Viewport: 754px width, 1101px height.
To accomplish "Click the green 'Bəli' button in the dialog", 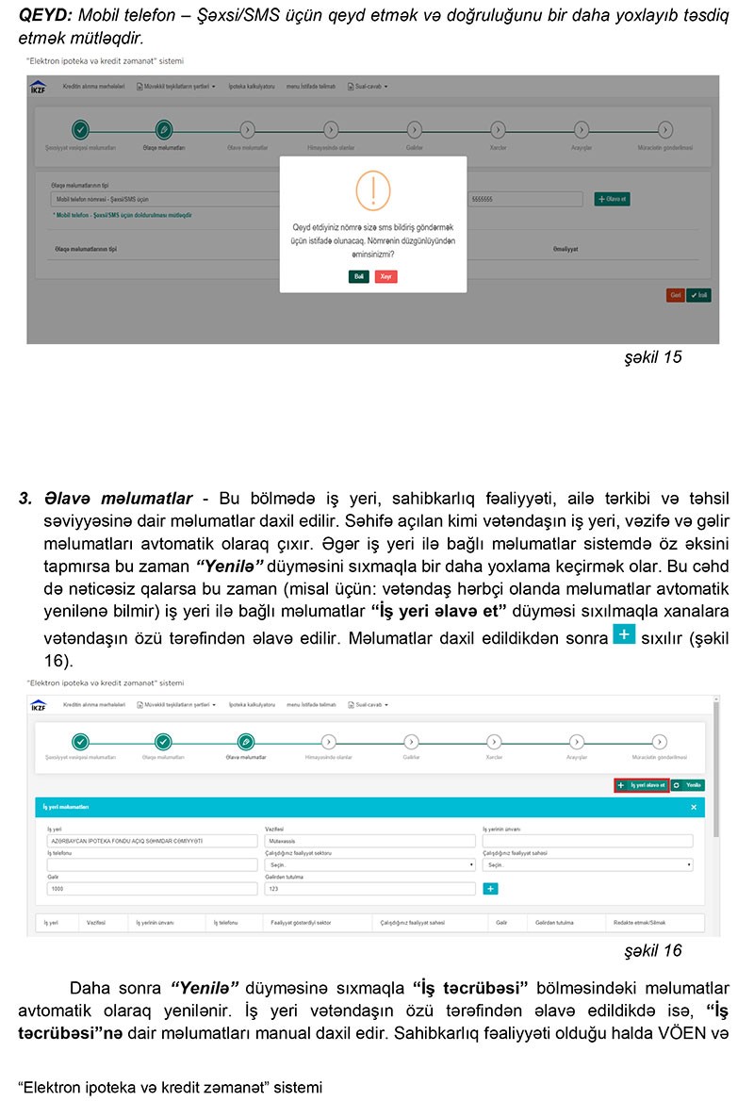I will coord(358,276).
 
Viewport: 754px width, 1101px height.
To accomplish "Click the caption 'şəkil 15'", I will coord(653,357).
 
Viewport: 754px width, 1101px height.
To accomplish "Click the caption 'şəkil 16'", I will coord(653,950).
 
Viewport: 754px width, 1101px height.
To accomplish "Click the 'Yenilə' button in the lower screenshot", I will coord(689,784).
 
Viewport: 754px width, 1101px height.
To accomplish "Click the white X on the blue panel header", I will coord(694,808).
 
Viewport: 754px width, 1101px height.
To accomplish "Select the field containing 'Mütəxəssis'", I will coord(369,840).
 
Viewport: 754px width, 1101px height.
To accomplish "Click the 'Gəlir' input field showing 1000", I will coord(153,888).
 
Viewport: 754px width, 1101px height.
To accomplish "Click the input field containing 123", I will coord(369,888).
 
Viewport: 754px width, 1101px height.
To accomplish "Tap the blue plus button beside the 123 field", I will coord(490,888).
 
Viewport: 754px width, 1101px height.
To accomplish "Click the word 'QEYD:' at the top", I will coord(44,16).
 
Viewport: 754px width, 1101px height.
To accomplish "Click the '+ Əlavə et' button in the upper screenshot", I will coord(613,199).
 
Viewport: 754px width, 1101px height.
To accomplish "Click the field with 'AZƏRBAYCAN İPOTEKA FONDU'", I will coord(153,840).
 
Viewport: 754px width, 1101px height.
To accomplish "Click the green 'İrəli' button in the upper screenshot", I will coord(698,295).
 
